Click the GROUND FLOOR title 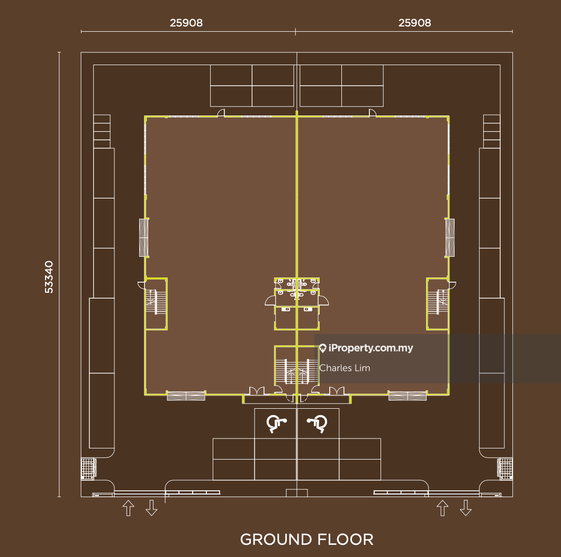tap(306, 540)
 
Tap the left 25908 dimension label tap(186, 23)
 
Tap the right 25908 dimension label tap(415, 23)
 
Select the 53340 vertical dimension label tap(49, 277)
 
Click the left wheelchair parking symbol tap(276, 424)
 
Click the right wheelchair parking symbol tap(318, 424)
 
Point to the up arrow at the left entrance tap(129, 508)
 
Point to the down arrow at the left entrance tap(151, 508)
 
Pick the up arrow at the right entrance tap(442, 508)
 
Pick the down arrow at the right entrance tap(466, 508)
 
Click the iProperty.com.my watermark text tap(366, 348)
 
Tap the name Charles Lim tap(345, 368)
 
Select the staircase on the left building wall tap(156, 303)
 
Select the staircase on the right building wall tap(438, 303)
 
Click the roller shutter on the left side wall tap(144, 238)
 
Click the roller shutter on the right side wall tap(450, 238)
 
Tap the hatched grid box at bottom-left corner tap(88, 469)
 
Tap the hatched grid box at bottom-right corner tap(505, 468)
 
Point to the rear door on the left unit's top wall tap(221, 113)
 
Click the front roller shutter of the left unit tap(186, 396)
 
